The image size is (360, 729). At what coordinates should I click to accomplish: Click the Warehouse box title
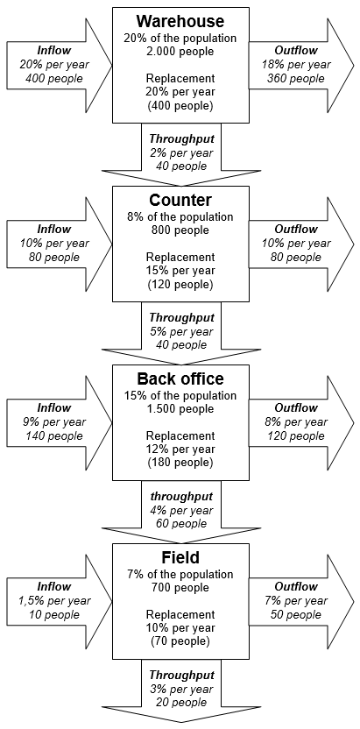pyautogui.click(x=180, y=21)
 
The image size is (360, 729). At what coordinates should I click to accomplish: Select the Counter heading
pyautogui.click(x=180, y=201)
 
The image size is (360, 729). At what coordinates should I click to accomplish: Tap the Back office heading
pyautogui.click(x=180, y=379)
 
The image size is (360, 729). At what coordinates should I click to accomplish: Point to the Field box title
pyautogui.click(x=180, y=557)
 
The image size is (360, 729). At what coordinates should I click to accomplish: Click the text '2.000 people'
pyautogui.click(x=180, y=51)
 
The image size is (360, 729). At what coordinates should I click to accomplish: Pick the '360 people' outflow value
pyautogui.click(x=296, y=79)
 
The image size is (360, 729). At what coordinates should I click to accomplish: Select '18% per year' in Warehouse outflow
pyautogui.click(x=296, y=64)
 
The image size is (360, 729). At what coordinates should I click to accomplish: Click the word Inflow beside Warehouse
pyautogui.click(x=54, y=50)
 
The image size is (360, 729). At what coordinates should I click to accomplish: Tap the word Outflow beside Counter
pyautogui.click(x=296, y=229)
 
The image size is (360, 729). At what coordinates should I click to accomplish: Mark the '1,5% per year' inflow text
pyautogui.click(x=54, y=601)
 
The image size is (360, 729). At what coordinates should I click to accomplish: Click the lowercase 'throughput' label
pyautogui.click(x=181, y=496)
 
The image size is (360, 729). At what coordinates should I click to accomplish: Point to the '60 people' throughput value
pyautogui.click(x=181, y=523)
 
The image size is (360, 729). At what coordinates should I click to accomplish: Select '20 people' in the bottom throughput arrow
pyautogui.click(x=181, y=702)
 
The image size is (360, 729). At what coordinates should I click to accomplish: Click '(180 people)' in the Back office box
pyautogui.click(x=180, y=463)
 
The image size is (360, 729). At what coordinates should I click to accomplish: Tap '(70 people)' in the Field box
pyautogui.click(x=180, y=641)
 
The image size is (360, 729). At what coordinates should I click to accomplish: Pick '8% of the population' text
pyautogui.click(x=180, y=216)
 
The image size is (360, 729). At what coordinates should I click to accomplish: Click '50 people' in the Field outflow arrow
pyautogui.click(x=296, y=614)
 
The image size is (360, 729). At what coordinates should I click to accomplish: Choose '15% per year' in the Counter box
pyautogui.click(x=180, y=271)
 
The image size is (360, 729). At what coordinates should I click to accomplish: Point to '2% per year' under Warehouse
pyautogui.click(x=181, y=152)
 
